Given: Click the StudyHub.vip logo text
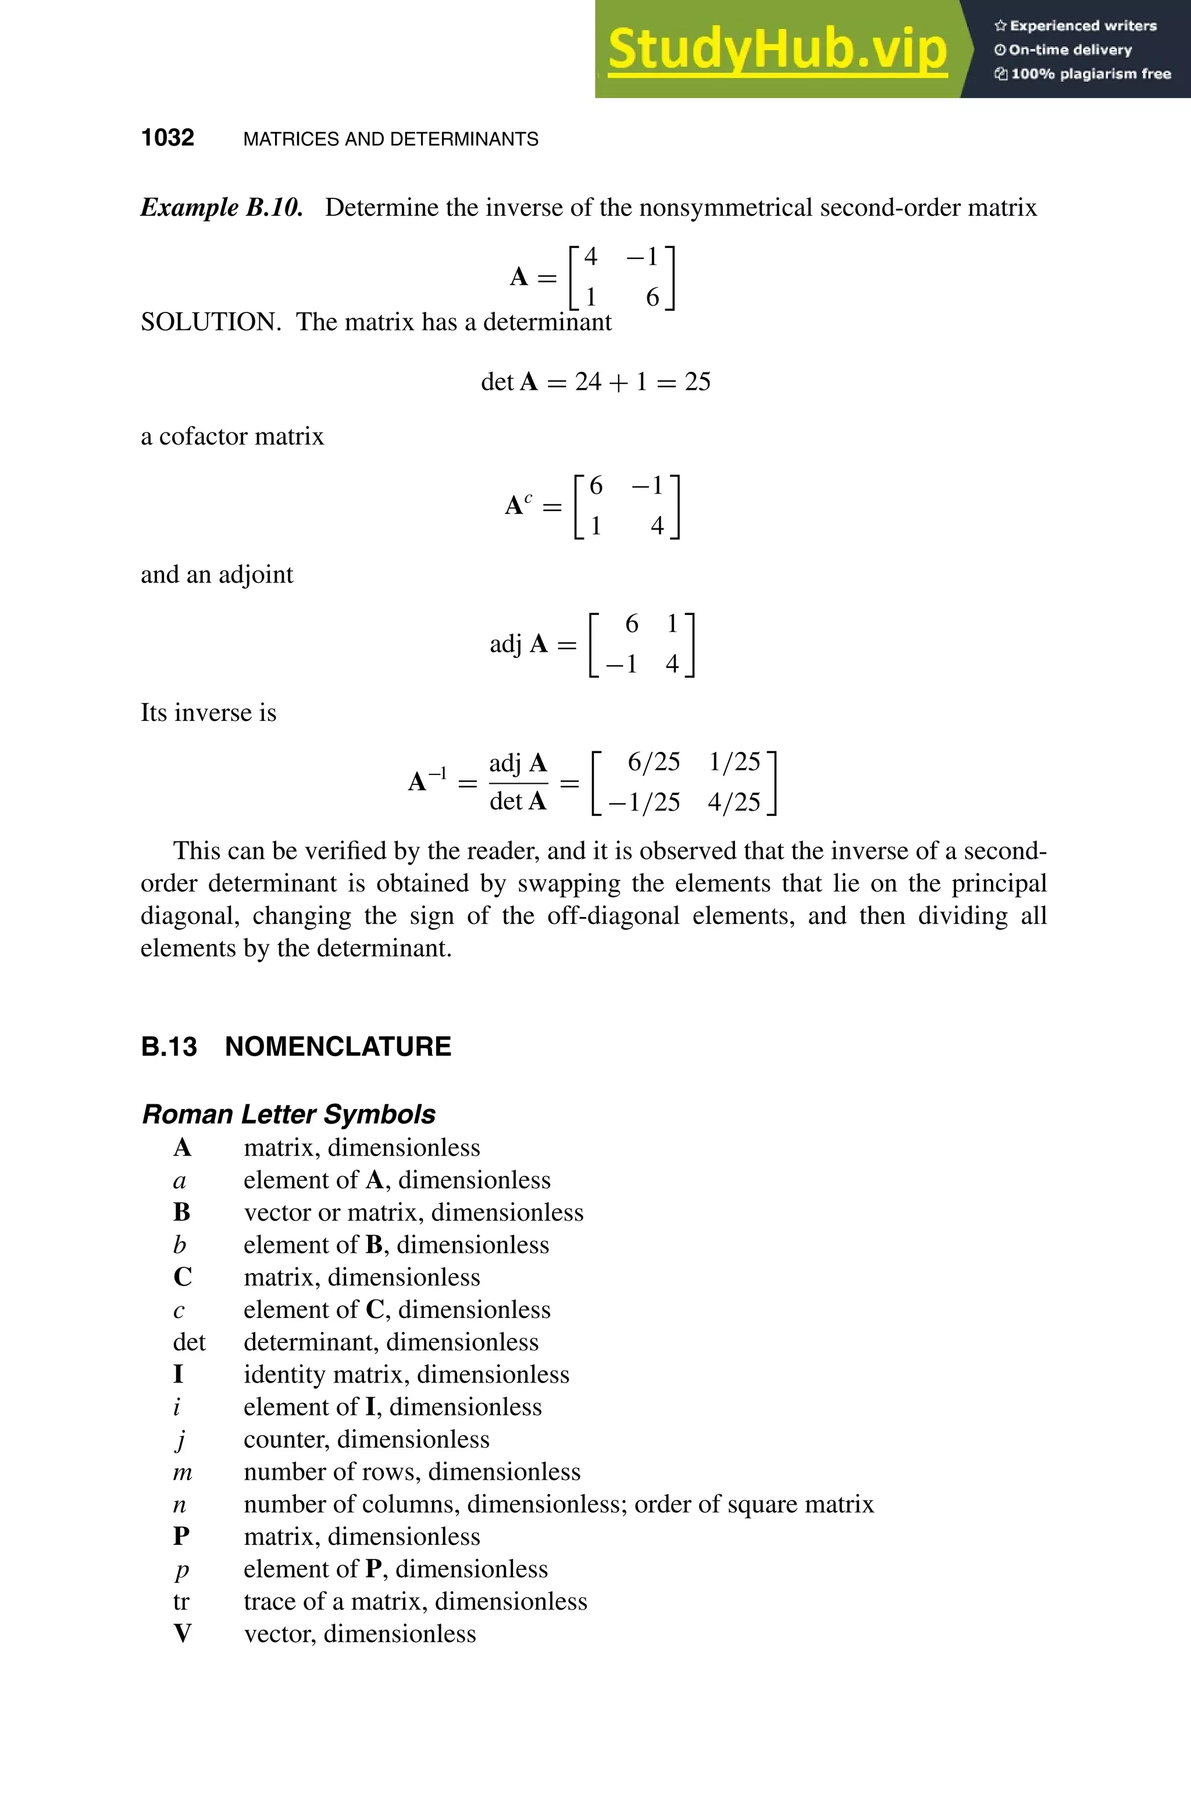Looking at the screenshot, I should coord(777,50).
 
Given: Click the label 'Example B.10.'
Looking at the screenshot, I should coord(222,208).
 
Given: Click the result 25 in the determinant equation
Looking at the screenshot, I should coord(697,382).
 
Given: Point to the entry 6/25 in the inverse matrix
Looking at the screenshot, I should coord(653,762).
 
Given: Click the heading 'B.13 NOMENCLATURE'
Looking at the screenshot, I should coord(296,1047).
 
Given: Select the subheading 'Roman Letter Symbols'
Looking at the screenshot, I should coord(288,1114).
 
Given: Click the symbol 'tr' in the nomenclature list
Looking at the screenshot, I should coord(181,1602).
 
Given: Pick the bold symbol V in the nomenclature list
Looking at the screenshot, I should coord(182,1634).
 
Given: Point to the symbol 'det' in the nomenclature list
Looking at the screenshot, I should coord(188,1342).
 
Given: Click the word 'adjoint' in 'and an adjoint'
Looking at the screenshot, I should coord(255,574).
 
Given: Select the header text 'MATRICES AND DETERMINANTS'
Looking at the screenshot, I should coord(390,139).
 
